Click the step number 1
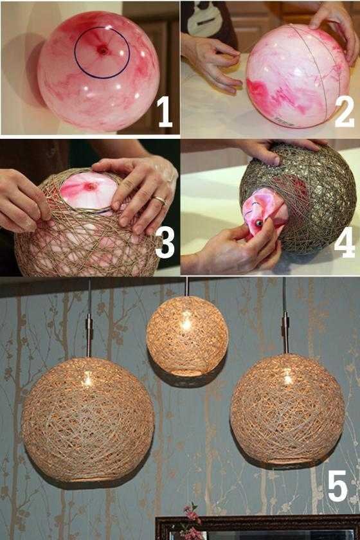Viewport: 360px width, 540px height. coord(165,113)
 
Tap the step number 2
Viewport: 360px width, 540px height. coord(344,113)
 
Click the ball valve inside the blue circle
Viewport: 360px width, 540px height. coord(102,50)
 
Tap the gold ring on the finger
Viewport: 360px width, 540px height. coord(159,201)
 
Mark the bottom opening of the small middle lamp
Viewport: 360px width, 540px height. coord(186,372)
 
